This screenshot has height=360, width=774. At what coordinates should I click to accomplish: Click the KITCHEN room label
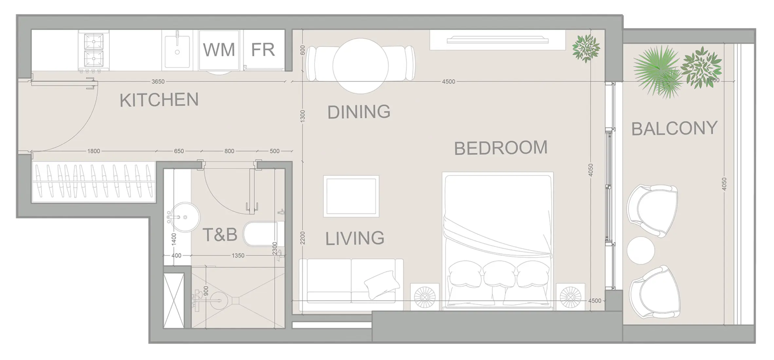click(159, 100)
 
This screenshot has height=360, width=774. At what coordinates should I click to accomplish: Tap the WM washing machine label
click(219, 50)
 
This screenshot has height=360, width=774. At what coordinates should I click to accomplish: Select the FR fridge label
click(263, 50)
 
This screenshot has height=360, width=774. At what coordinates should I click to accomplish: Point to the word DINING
click(359, 112)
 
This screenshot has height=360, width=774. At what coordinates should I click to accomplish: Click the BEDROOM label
click(501, 148)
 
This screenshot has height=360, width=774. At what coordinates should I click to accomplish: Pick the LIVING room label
click(355, 238)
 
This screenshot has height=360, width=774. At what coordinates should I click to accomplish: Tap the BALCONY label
click(674, 128)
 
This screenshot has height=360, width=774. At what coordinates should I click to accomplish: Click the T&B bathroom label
click(220, 235)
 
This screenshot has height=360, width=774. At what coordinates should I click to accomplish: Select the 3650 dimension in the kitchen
click(158, 81)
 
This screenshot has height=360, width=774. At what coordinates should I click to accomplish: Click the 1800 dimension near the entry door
click(94, 151)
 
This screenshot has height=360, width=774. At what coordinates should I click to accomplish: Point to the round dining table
click(360, 66)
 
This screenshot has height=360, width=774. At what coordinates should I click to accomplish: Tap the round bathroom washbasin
click(185, 217)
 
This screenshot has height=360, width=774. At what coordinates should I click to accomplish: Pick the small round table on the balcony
click(640, 250)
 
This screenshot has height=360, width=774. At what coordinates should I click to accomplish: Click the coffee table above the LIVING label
click(351, 196)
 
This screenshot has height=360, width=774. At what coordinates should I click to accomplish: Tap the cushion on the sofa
click(382, 284)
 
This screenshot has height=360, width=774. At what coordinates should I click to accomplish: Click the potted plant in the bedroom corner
click(586, 48)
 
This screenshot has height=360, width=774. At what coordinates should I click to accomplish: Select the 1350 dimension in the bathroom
click(238, 256)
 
